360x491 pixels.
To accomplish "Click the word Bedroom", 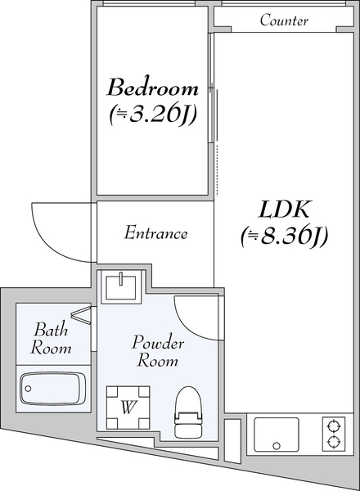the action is point(153,88).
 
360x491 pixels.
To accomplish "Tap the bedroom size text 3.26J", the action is point(153,115).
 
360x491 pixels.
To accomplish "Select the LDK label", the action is point(284,209).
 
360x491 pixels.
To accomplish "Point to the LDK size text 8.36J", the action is point(284,236).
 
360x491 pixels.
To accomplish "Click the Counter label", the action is point(284,20).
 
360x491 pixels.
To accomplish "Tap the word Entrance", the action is point(155,233).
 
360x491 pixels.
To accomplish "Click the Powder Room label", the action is point(157,351).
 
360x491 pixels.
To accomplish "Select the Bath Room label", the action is point(51,338).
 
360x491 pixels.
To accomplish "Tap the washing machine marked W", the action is point(128,408).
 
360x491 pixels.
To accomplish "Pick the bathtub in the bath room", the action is point(53,388).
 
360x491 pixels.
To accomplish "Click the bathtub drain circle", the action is point(28,389).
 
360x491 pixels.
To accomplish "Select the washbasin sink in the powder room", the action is point(121,287).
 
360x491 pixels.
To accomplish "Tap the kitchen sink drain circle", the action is point(276,445).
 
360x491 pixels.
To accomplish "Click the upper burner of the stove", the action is point(332,426).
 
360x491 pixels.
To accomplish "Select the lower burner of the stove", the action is point(332,441).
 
